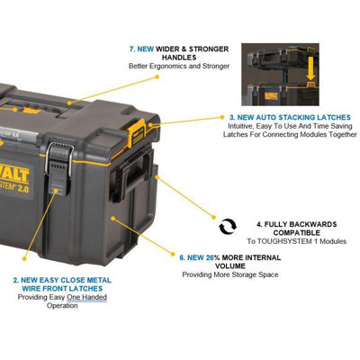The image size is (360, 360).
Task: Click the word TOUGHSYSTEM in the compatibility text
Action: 287,242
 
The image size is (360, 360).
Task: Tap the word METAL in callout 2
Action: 96,279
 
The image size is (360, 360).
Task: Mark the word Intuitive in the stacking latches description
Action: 240,127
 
